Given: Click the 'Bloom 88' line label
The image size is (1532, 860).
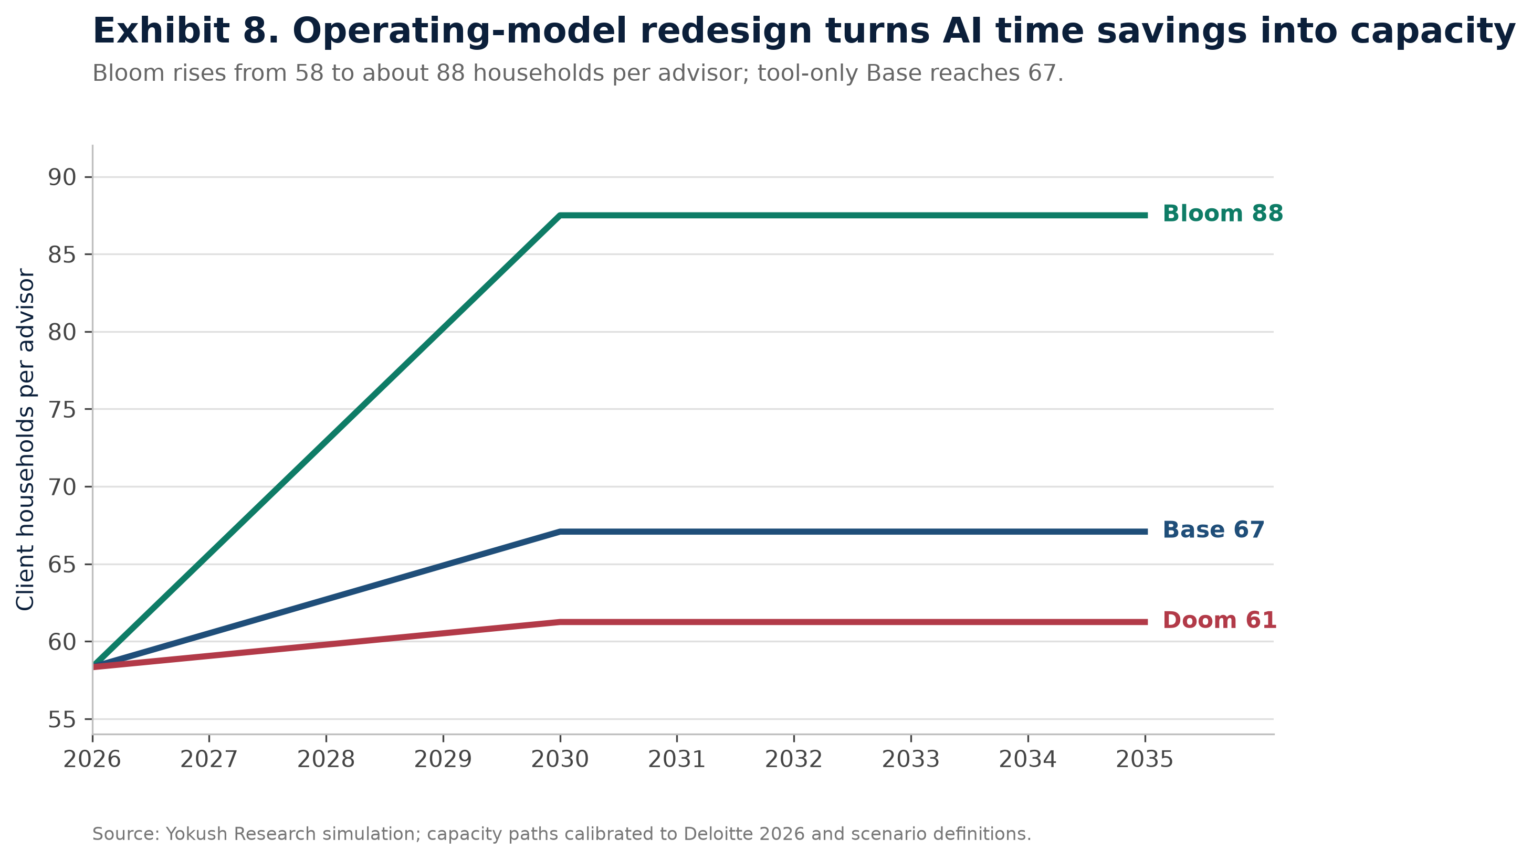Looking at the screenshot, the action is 1222,214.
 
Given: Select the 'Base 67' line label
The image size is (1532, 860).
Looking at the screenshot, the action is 1213,530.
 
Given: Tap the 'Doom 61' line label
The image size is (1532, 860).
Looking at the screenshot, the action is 1219,621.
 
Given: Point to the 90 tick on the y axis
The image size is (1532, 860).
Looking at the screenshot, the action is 62,177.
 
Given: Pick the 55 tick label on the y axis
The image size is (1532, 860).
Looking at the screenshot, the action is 62,720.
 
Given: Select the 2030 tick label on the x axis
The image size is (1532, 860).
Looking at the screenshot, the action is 560,760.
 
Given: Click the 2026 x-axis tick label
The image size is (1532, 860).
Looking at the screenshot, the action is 92,760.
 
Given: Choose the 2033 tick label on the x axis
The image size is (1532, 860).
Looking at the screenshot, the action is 910,760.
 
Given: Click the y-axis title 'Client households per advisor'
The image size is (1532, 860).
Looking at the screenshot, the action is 26,440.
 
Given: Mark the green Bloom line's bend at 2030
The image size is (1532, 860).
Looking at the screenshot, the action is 560,215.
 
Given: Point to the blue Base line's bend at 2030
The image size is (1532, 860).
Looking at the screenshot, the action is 560,532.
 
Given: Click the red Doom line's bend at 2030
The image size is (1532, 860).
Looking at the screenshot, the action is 560,622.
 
